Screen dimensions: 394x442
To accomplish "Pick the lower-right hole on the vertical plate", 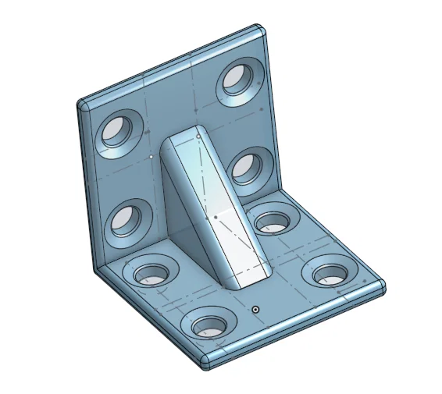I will pos(247,167).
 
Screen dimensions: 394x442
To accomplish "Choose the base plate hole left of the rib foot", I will pos(152,273).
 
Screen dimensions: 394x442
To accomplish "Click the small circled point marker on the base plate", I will pos(255,310).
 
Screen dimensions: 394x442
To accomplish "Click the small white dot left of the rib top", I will pos(151,155).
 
